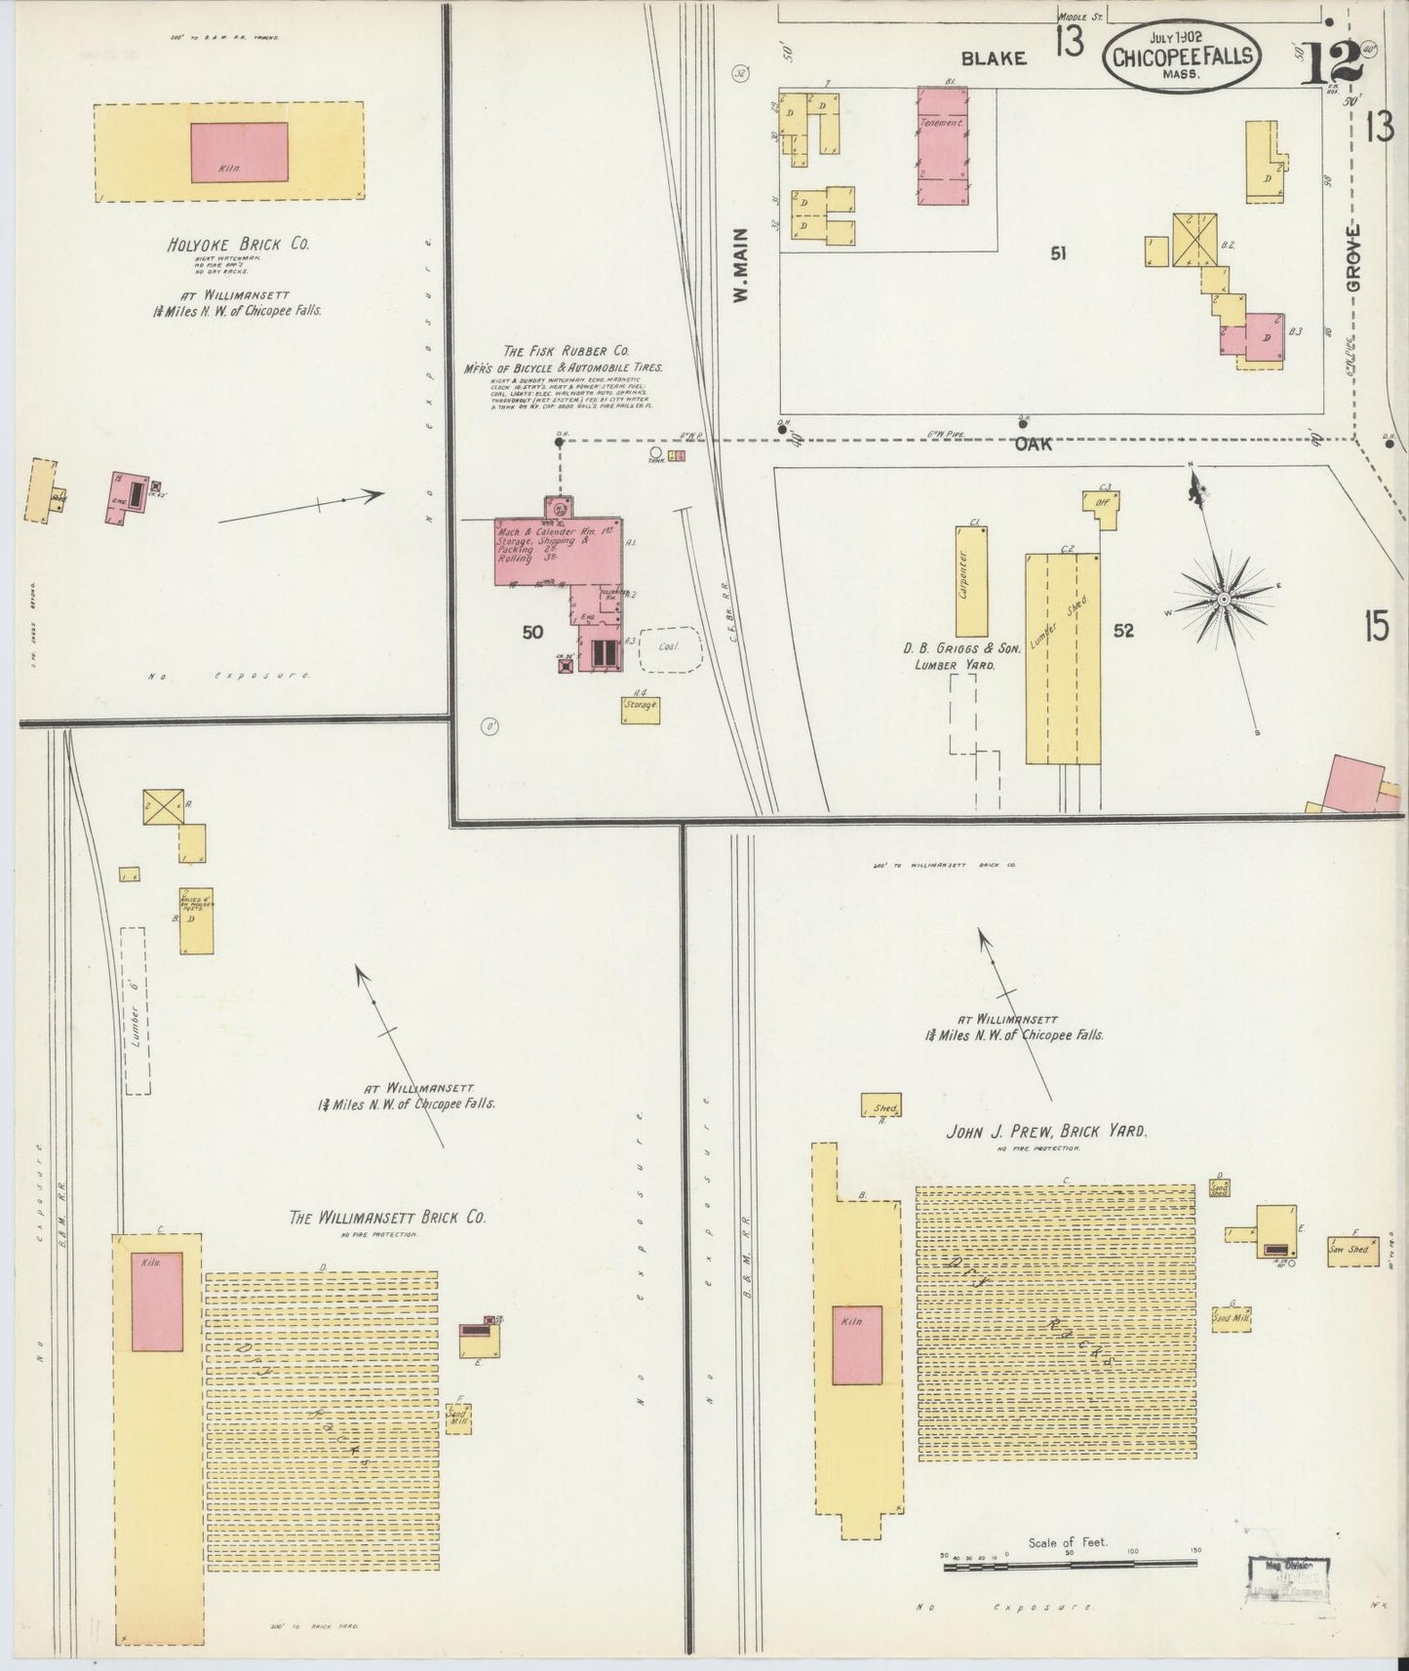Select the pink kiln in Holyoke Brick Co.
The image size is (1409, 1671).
pos(239,152)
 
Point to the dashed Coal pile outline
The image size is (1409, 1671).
pos(671,648)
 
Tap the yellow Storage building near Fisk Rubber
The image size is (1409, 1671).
pos(641,709)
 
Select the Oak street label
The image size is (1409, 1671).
pos(1034,444)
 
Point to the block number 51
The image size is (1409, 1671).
pos(1058,253)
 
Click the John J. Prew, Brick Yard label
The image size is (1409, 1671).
pos(1045,1132)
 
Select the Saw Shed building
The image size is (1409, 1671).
pos(1350,1249)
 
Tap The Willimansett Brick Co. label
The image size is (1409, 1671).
pos(387,1218)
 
